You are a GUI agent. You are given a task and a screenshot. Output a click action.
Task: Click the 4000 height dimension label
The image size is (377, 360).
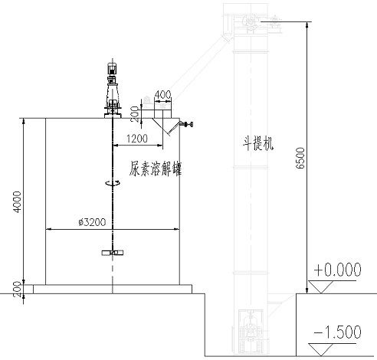pos(18,201)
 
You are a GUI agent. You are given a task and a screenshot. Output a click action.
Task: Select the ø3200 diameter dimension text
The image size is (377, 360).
pos(92,222)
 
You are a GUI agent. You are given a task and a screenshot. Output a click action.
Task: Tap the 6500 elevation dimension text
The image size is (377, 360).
pos(300,158)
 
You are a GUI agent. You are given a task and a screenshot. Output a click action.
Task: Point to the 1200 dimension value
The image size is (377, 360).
pos(137,139)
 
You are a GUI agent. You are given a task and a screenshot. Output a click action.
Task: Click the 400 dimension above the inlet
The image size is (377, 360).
pos(162,95)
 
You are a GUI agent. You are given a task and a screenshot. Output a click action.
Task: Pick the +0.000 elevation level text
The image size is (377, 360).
pos(337,270)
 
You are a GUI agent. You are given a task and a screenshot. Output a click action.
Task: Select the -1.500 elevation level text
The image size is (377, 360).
pos(337,332)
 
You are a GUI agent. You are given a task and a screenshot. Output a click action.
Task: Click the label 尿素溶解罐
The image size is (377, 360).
pos(155,169)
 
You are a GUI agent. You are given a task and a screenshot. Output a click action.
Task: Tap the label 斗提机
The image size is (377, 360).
pos(258,143)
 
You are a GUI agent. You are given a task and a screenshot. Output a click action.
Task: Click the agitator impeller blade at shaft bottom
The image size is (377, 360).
pos(113,253)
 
